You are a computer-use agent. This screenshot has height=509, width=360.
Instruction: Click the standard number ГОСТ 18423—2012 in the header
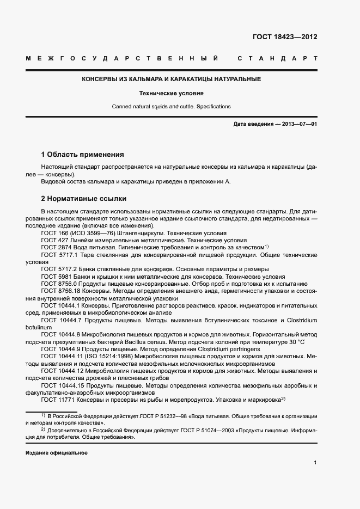pyautogui.click(x=284, y=37)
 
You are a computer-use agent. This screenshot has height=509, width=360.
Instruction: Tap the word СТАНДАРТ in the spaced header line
pyautogui.click(x=277, y=58)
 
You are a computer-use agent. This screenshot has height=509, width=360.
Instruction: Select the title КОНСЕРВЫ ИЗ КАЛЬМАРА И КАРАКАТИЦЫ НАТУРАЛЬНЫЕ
pyautogui.click(x=171, y=79)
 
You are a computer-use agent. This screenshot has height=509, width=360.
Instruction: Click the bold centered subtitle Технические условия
pyautogui.click(x=171, y=93)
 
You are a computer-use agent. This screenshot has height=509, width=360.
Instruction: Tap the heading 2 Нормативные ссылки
pyautogui.click(x=84, y=198)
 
